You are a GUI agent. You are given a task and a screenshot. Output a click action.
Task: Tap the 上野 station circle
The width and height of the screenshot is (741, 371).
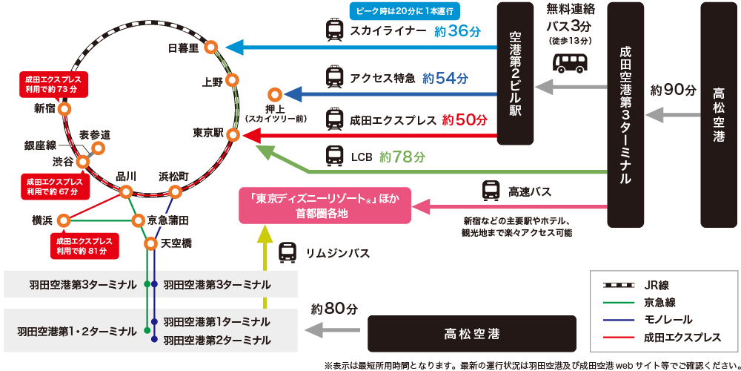[234, 80]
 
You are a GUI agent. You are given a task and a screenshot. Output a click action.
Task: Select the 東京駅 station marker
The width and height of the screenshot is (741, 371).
[233, 135]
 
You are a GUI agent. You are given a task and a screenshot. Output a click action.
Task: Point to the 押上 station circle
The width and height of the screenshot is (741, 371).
[275, 95]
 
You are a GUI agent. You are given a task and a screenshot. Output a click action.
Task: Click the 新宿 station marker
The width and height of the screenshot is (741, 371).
[64, 108]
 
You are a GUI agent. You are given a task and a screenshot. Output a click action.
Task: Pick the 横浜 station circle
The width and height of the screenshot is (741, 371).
[64, 220]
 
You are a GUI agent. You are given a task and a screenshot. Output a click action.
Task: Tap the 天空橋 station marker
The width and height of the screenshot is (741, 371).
[150, 243]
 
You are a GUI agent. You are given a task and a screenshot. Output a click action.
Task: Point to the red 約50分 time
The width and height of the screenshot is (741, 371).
[465, 119]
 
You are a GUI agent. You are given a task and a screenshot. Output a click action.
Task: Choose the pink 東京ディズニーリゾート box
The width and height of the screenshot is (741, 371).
[325, 206]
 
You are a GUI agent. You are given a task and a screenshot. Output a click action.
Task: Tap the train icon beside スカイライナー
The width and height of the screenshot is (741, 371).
[335, 30]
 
